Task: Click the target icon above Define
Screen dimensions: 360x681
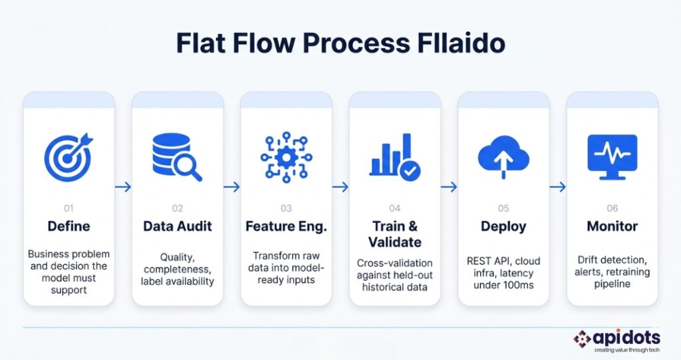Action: coord(68,157)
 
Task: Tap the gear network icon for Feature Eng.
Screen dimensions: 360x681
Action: coord(286,157)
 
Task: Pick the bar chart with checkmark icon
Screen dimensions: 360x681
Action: coord(394,158)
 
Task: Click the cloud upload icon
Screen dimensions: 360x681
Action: coord(503,157)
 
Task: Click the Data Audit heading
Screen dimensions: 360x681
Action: coord(177,226)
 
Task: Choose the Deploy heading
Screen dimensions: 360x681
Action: coord(503,226)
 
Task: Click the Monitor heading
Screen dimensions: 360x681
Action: coord(613,226)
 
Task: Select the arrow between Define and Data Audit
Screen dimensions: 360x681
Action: coord(122,188)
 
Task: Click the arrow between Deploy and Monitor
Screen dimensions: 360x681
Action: coord(558,188)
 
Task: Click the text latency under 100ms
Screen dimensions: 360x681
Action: coord(503,285)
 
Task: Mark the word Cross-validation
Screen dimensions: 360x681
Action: coord(394,263)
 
